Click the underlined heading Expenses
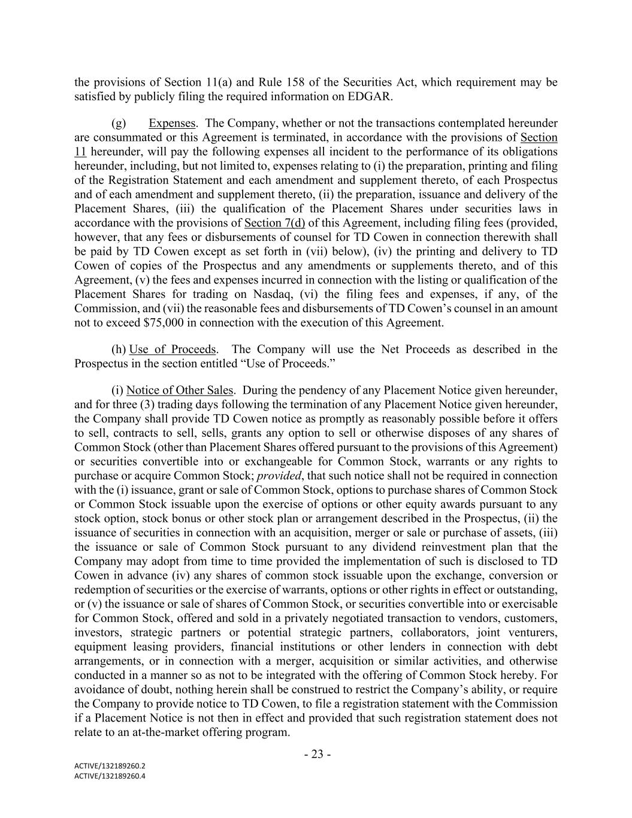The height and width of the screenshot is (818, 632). pos(172,123)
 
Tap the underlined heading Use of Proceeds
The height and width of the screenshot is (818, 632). pos(173,349)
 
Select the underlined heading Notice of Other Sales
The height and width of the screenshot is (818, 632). pos(179,390)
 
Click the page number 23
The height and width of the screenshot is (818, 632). pos(317,754)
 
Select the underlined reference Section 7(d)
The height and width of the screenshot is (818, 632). pos(275,223)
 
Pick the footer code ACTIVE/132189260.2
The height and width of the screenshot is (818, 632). pos(110,766)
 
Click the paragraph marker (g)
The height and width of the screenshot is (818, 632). pos(119,123)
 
